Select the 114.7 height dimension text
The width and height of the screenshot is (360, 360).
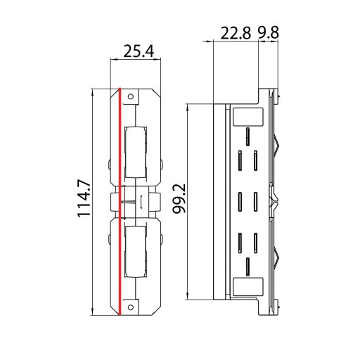tap(85, 199)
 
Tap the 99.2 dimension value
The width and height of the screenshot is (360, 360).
tap(179, 200)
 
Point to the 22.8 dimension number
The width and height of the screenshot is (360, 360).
tap(236, 34)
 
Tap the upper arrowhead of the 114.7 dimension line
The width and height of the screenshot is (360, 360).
tap(95, 92)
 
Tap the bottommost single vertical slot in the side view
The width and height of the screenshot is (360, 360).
tap(247, 266)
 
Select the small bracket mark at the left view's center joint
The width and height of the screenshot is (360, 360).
tap(142, 201)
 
